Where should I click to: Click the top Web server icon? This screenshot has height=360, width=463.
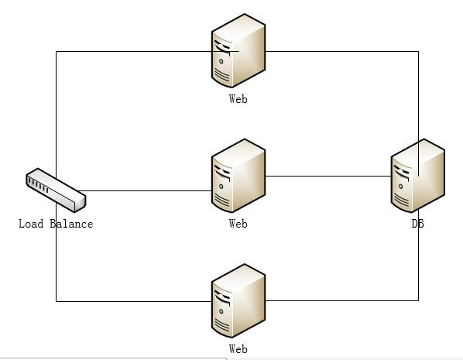238,50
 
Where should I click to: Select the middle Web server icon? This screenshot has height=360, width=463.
238,176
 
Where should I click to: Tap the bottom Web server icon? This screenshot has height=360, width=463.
238,300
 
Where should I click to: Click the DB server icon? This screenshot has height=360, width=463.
418,176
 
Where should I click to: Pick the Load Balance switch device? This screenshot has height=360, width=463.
56,190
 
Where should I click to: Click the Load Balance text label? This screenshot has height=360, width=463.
56,224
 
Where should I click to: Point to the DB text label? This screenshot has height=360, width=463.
418,224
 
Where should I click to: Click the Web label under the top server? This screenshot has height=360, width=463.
238,99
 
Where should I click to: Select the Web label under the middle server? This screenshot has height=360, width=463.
238,224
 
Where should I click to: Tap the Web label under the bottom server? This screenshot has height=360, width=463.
238,349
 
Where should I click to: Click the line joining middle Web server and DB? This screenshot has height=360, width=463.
328,177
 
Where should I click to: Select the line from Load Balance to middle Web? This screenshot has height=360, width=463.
146,190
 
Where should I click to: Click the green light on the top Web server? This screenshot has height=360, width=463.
221,61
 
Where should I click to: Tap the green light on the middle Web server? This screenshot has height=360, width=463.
221,187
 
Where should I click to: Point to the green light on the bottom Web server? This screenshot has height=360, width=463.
221,311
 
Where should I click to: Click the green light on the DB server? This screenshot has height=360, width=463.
400,187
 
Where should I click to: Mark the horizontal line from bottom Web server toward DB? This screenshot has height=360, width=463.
342,301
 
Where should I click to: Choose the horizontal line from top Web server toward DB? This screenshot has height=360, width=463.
342,51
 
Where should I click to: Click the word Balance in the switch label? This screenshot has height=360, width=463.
71,224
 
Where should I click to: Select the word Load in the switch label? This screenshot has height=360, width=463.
31,224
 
